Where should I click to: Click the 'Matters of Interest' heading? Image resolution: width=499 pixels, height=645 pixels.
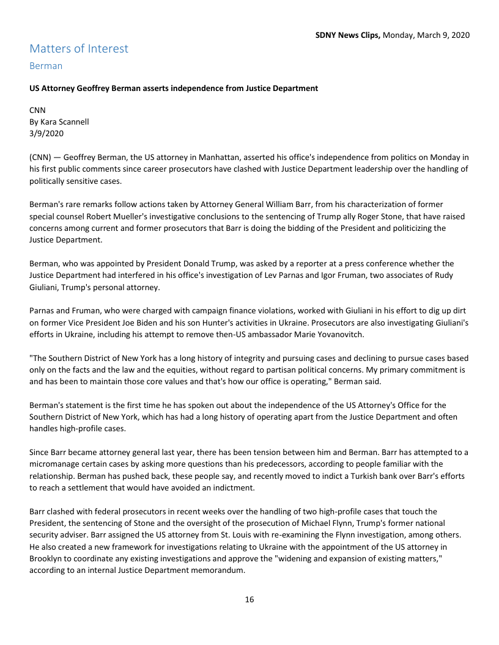[79, 48]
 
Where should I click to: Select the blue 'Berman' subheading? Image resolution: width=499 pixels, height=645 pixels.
[46, 65]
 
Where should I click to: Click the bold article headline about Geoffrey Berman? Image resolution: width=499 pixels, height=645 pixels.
[174, 88]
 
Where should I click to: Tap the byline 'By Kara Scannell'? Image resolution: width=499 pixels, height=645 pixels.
[59, 122]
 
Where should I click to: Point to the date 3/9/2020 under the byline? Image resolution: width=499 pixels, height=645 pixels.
[46, 133]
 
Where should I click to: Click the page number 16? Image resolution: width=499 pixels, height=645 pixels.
[250, 599]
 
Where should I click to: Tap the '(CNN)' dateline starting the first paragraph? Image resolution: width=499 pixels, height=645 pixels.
[41, 157]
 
